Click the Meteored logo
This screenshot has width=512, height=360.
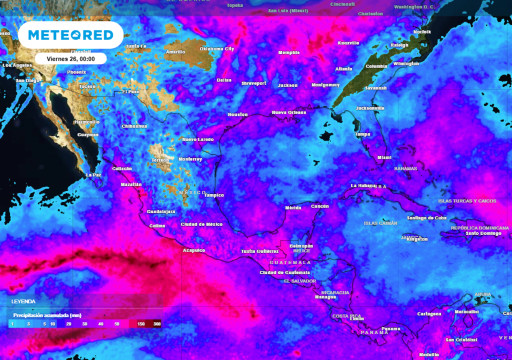point(70,35)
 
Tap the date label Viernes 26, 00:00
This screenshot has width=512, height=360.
point(70,58)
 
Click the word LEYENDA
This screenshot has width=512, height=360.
point(24,302)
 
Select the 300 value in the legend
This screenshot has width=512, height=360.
point(157,324)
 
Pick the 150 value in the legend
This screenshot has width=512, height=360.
point(141,324)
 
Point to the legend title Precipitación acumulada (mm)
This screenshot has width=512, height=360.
point(47,315)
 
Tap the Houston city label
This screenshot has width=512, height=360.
point(237,114)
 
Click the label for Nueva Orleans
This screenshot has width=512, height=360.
point(289,112)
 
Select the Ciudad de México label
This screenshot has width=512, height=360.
point(201,224)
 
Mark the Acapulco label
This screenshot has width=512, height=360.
point(194,250)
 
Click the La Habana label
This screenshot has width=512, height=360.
point(362,185)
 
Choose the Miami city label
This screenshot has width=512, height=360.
point(384,157)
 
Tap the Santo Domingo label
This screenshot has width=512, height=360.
point(483,233)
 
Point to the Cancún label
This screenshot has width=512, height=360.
point(319,206)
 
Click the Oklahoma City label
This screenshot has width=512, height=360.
point(216,49)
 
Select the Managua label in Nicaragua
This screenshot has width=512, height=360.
point(325,297)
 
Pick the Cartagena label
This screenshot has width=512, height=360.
point(429,314)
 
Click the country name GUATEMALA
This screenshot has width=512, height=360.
point(290,262)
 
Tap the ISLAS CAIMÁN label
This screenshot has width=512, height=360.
point(380,223)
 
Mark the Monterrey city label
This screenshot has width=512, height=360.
point(190,159)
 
